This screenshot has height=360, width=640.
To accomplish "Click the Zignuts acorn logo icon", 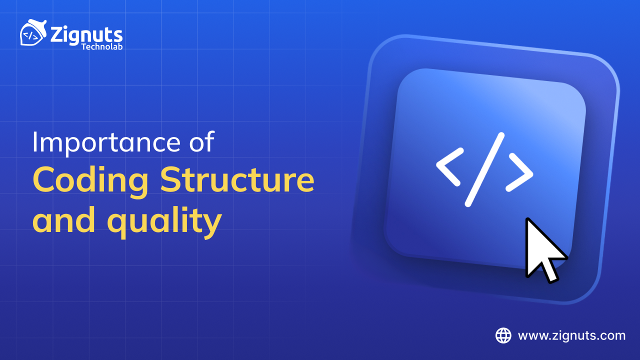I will (33, 34).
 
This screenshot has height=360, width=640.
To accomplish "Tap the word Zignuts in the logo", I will (86, 35).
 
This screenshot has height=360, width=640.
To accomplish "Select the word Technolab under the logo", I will (101, 46).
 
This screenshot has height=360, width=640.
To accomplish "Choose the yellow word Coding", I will (90, 181).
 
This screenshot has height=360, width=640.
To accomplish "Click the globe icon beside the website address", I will (503, 335).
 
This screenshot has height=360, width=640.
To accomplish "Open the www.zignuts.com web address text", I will (571, 335).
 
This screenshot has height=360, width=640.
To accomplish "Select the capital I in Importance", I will (35, 142).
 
